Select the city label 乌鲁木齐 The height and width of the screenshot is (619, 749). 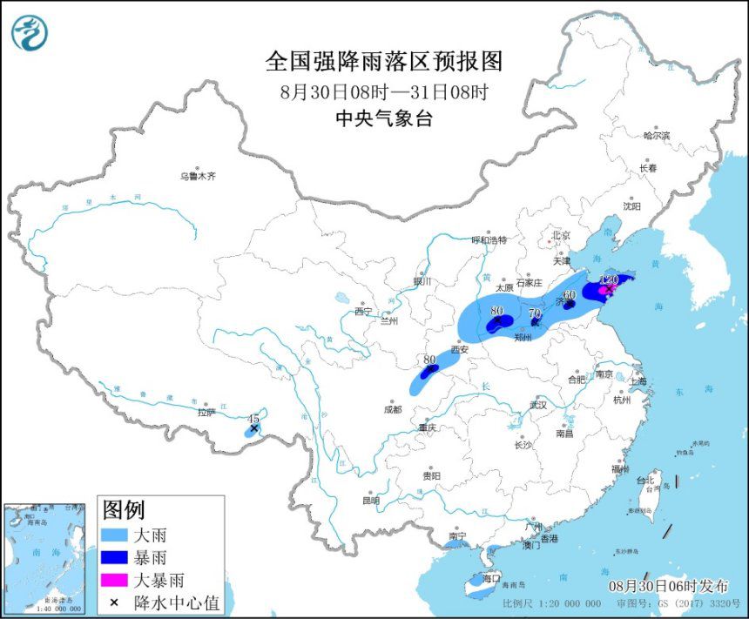click(198, 176)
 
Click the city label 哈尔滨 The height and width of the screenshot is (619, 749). click(657, 136)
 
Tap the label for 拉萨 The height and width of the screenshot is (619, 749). click(206, 412)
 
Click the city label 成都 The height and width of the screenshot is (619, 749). click(392, 408)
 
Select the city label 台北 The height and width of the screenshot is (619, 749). click(644, 480)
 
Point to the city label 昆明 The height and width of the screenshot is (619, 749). click(370, 501)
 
